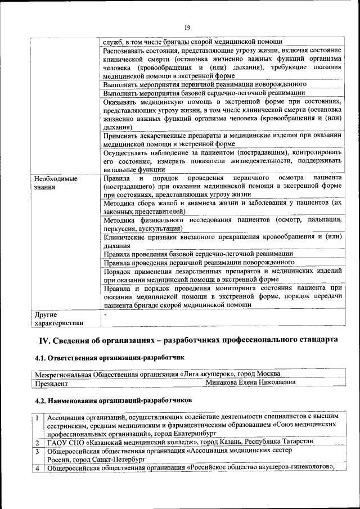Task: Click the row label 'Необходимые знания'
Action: (55, 183)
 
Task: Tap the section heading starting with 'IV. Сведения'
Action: (188, 340)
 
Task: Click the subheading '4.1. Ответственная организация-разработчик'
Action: (109, 357)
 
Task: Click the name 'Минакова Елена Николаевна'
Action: (250, 382)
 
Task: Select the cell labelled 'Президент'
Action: (52, 383)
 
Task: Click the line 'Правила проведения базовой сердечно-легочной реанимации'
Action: (198, 254)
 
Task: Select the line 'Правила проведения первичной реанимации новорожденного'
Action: (199, 262)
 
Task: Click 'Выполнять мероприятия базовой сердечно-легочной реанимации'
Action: (204, 93)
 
